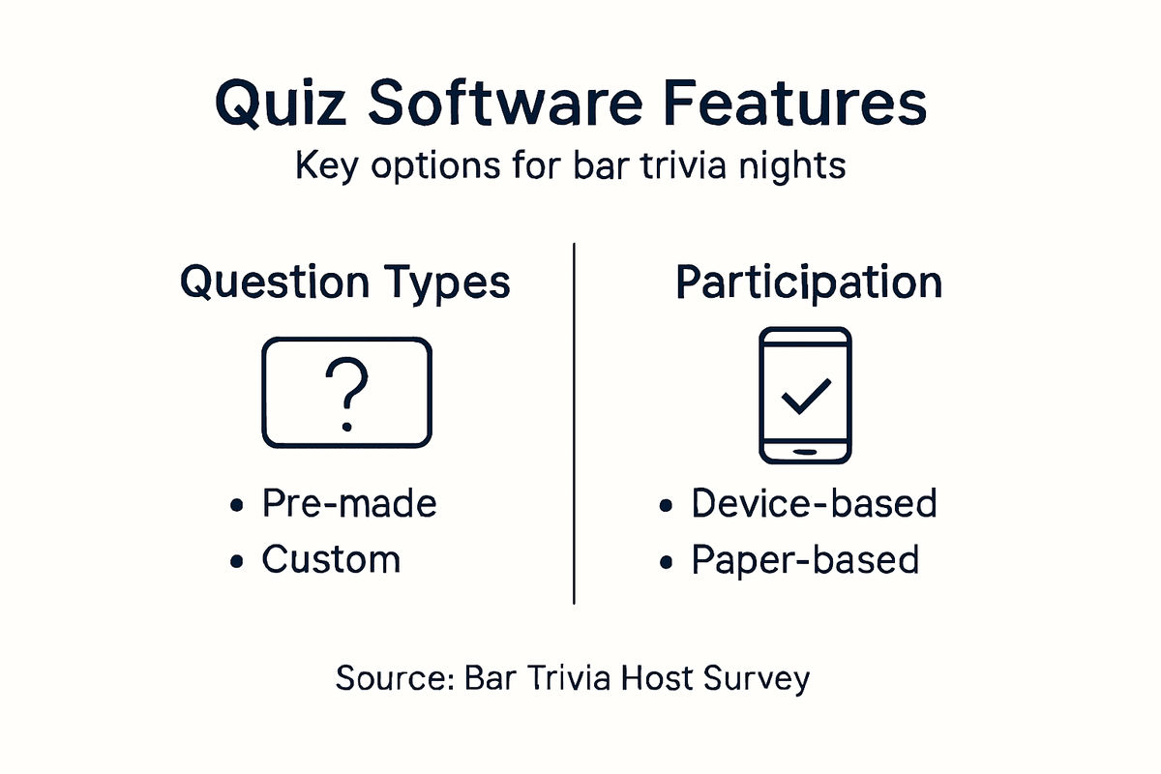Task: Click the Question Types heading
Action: click(345, 283)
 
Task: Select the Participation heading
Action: click(808, 283)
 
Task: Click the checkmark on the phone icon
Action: click(806, 396)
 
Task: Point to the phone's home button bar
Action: click(806, 452)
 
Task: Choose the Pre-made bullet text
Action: click(349, 504)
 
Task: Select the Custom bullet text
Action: click(331, 560)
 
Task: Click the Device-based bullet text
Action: click(814, 504)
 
